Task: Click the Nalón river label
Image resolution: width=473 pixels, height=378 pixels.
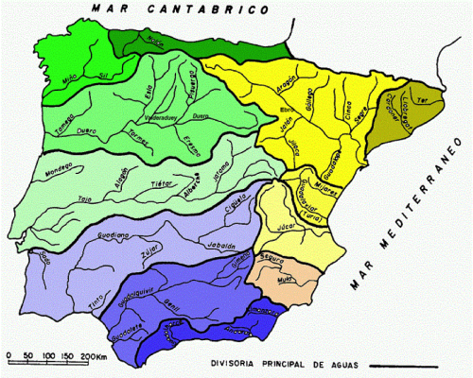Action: click(156, 41)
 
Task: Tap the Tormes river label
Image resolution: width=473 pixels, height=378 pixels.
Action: click(139, 139)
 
